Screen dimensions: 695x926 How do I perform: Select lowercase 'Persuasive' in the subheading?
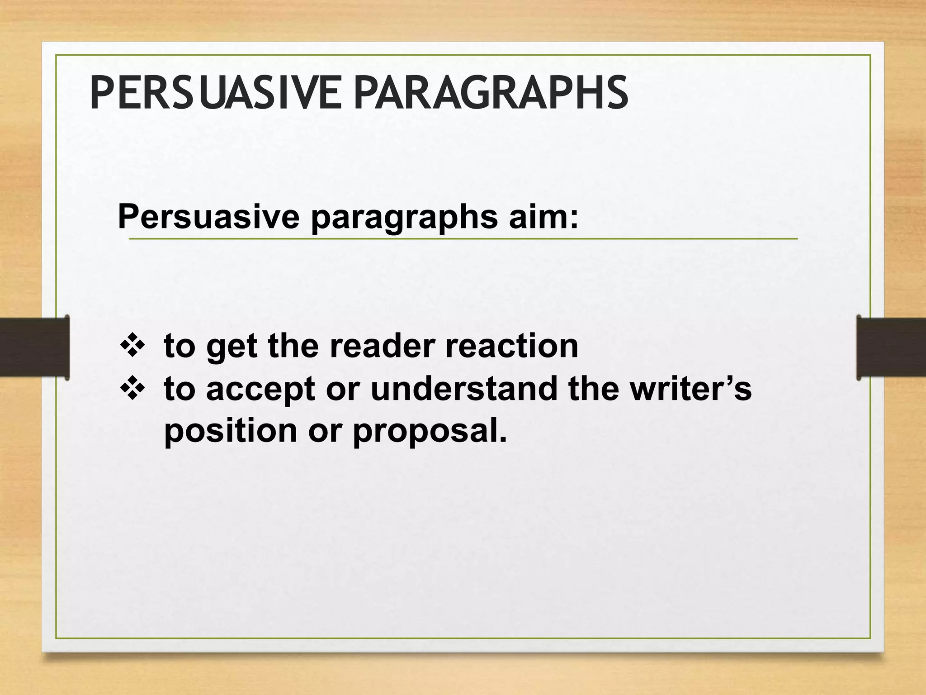[x=208, y=217]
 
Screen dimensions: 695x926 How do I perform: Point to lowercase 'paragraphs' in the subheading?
[x=404, y=218]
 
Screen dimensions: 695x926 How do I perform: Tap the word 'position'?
[x=230, y=432]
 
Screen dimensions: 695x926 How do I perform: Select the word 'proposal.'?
[x=430, y=432]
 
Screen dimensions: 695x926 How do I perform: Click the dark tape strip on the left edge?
[x=34, y=347]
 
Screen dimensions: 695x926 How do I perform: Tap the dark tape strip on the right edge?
[x=891, y=347]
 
